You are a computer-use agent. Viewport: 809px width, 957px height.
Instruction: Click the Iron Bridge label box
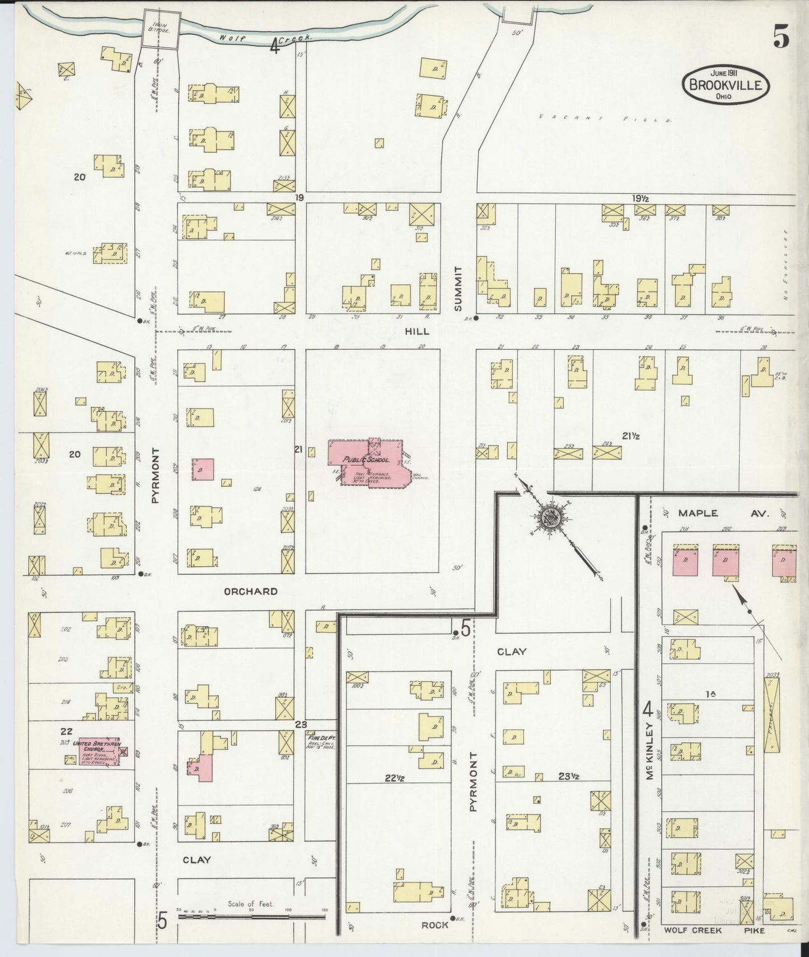coord(157,26)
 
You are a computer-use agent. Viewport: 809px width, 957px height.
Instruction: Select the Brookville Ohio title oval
coord(725,85)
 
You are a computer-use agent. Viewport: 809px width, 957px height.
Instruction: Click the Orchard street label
coord(251,591)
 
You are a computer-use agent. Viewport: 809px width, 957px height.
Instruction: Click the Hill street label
coord(418,331)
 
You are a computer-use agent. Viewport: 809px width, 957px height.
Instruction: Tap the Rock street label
coord(434,925)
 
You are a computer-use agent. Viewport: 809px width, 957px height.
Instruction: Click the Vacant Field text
coord(605,118)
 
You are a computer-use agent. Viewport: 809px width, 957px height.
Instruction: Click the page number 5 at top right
coord(782,38)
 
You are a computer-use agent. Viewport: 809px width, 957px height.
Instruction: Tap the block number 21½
coord(631,436)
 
